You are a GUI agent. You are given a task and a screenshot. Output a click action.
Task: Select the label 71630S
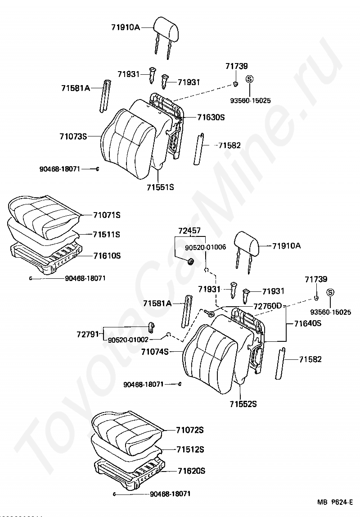[x=211, y=117]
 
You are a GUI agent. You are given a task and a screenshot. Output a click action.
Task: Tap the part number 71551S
[x=160, y=186]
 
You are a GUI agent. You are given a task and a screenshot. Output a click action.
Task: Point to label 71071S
[x=107, y=215]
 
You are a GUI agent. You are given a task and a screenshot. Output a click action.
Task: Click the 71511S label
[x=107, y=235]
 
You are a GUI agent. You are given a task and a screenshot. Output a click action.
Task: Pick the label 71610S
[x=107, y=255]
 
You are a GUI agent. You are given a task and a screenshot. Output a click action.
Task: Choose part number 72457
[x=189, y=231]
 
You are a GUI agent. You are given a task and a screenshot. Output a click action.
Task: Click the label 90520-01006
[x=205, y=247]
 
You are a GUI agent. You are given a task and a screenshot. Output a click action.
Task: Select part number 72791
[x=87, y=335]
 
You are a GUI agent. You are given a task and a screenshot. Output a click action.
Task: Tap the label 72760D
[x=267, y=306]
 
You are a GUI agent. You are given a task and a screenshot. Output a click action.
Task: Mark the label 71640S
[x=308, y=323]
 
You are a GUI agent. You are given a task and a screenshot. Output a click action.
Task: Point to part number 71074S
[x=154, y=351]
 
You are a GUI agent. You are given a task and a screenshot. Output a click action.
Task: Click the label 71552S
[x=243, y=404]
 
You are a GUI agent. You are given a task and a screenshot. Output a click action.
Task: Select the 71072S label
[x=190, y=430]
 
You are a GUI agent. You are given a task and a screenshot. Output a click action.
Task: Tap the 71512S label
[x=190, y=449]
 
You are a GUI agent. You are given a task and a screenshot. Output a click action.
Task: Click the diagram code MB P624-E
[x=335, y=502]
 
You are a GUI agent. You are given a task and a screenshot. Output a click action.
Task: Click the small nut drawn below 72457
[x=190, y=261]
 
